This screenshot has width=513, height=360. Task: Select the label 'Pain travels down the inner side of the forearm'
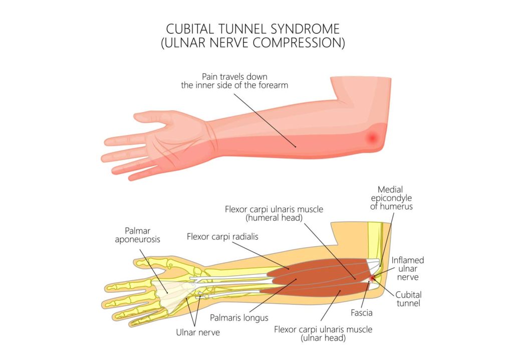234,81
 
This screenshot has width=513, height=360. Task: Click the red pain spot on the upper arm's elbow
372,138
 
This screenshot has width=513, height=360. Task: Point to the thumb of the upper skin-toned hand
151,117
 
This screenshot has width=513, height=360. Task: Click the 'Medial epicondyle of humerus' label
391,198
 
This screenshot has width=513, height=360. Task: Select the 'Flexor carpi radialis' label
222,237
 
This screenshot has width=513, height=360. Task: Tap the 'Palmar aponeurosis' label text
137,235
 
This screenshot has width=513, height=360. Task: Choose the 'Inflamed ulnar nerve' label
408,269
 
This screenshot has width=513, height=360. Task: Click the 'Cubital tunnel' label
408,299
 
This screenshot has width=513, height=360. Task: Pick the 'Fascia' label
362,313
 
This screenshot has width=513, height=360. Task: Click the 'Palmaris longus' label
239,318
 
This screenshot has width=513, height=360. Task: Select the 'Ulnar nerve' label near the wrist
198,332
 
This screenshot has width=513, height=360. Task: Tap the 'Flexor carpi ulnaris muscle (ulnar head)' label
323,333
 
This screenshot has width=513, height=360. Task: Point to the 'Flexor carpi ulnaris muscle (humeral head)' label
274,213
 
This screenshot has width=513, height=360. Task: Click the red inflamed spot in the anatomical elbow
372,279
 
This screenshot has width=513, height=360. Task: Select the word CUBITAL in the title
190,29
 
